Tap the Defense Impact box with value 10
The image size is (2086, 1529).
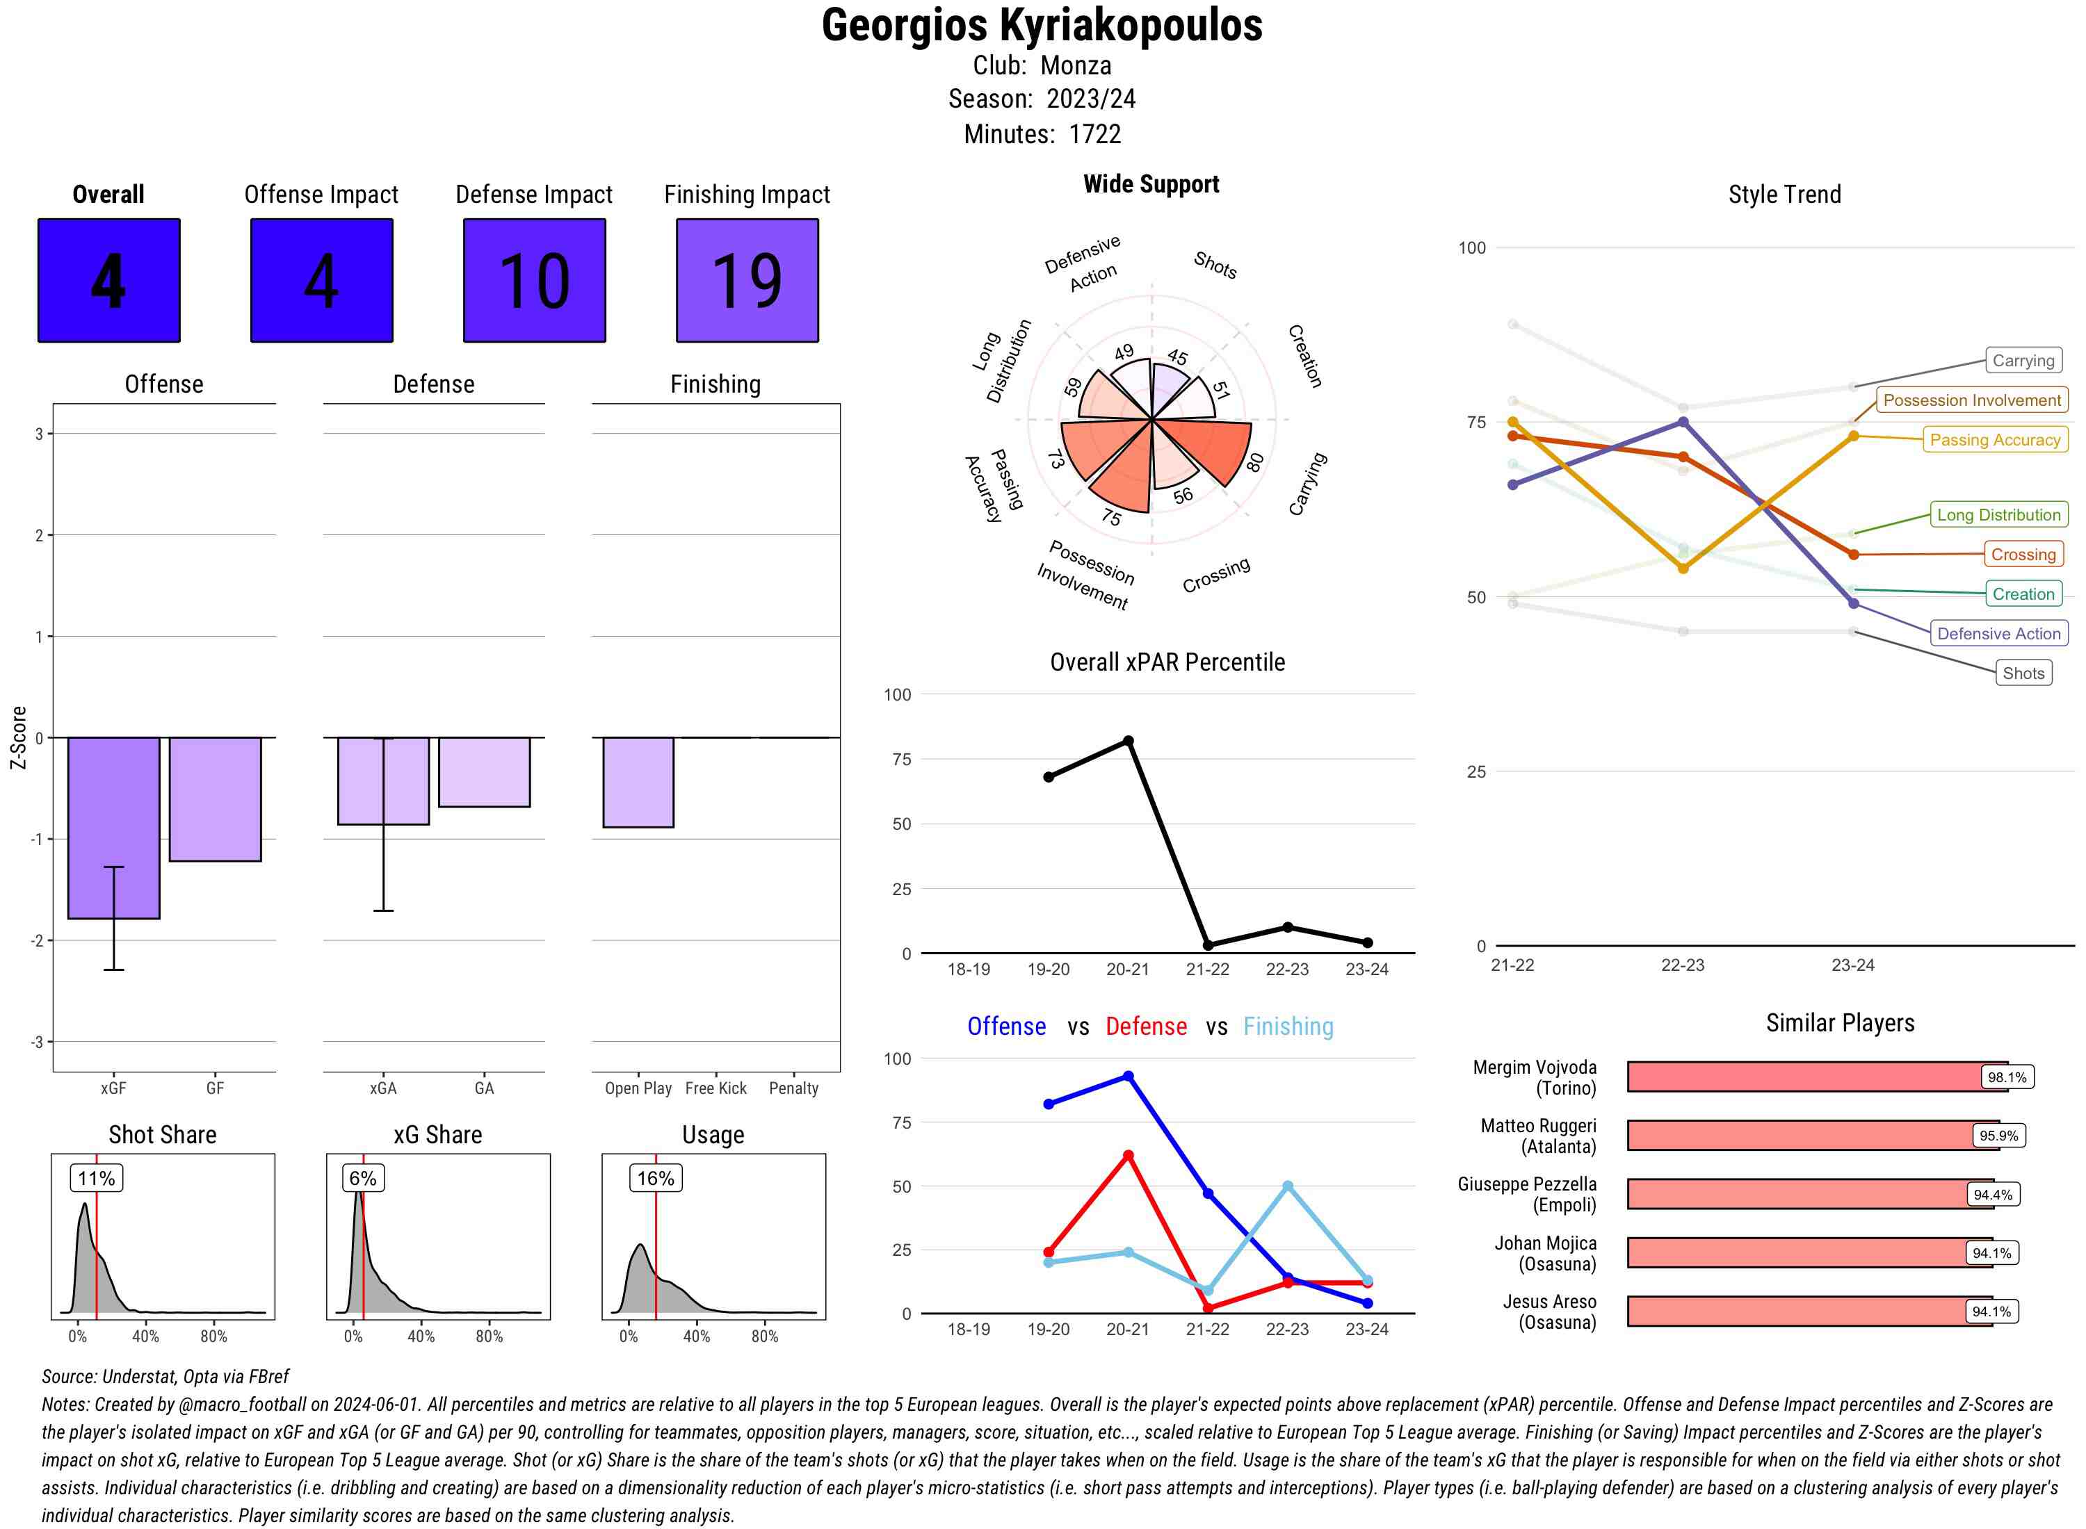[534, 281]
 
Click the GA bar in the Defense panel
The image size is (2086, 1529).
[484, 772]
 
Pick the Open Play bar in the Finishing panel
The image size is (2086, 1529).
[638, 782]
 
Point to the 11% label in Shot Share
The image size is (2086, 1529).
[96, 1178]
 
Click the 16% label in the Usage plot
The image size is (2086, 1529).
[656, 1178]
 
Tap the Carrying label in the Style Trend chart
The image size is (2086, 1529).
[2022, 361]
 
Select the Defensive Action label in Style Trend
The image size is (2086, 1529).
[1998, 634]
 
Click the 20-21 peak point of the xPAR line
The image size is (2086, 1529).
[1128, 742]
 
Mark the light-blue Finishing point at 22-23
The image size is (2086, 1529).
[1287, 1186]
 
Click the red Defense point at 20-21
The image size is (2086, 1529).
[1128, 1156]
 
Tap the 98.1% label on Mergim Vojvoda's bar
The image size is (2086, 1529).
[2006, 1077]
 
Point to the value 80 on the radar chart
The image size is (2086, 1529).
[1254, 463]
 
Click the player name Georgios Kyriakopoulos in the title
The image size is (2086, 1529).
[1042, 25]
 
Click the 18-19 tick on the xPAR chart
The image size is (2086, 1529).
[969, 969]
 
